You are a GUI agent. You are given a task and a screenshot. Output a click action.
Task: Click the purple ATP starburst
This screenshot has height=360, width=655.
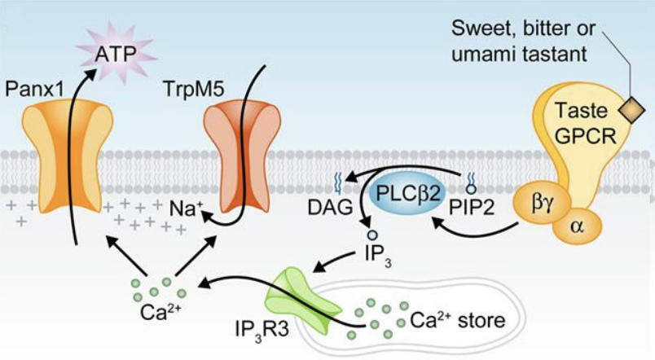click(116, 54)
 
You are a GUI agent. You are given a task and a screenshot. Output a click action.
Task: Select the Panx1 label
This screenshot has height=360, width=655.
click(35, 89)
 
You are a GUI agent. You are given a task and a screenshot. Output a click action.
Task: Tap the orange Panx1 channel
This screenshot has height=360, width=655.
click(68, 158)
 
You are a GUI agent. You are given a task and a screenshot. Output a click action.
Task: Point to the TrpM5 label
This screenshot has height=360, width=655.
click(194, 89)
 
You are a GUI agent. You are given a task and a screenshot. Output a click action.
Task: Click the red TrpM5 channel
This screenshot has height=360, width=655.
click(242, 156)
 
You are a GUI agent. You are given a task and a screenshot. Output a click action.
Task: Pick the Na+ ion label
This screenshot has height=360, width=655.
click(186, 209)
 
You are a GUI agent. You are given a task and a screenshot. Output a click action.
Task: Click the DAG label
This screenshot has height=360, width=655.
click(330, 208)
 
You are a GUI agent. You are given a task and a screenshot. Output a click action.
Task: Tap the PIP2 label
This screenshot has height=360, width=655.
click(471, 208)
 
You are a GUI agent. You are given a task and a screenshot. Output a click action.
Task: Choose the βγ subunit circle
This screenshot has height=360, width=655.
click(543, 204)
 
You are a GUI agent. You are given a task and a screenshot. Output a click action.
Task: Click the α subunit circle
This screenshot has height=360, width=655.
click(577, 226)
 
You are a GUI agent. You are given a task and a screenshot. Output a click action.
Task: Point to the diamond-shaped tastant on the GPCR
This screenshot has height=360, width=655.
click(631, 110)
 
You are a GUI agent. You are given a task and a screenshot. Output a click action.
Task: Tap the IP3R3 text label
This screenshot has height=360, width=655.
click(262, 330)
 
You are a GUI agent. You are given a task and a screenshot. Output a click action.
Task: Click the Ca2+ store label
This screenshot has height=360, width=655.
click(458, 321)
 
